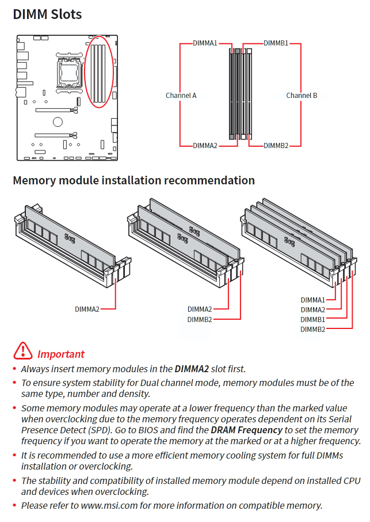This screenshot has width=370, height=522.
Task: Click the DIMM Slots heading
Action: [x=47, y=14]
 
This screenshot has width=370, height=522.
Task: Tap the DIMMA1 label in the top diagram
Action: [x=205, y=43]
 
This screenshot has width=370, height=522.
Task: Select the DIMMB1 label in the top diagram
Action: [x=276, y=43]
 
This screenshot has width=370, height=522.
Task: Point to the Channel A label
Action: [x=181, y=96]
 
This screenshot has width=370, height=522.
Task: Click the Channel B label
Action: [x=302, y=96]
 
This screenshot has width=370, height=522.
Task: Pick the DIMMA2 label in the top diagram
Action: [x=205, y=146]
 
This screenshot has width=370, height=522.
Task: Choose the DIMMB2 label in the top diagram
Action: [x=276, y=146]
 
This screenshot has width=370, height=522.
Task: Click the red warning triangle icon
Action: [x=23, y=350]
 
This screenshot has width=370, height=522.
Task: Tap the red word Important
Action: [x=60, y=354]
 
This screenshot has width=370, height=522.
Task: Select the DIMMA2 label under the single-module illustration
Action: [x=87, y=309]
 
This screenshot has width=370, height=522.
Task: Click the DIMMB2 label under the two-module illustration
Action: [x=199, y=319]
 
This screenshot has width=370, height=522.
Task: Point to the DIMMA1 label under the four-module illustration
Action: [x=312, y=300]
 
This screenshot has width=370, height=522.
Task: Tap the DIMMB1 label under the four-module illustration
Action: [x=312, y=319]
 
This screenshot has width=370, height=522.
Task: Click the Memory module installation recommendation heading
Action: [x=133, y=180]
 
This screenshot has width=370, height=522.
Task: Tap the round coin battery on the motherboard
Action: [x=58, y=122]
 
